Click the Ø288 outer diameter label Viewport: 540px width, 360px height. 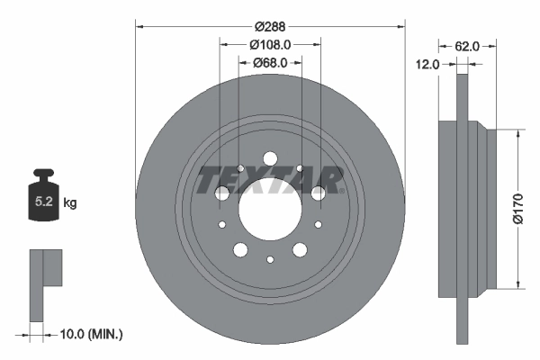(270, 27)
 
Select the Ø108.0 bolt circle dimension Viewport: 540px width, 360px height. (270, 44)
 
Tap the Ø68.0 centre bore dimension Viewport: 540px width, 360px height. (270, 62)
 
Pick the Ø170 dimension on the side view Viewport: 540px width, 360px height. (517, 208)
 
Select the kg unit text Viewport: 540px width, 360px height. (70, 203)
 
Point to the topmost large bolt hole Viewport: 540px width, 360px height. (270, 158)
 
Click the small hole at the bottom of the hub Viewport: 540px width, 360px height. (270, 259)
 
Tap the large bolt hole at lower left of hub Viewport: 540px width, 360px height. (239, 249)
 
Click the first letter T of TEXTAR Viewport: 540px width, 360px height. (208, 179)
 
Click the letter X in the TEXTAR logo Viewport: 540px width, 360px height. (254, 179)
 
